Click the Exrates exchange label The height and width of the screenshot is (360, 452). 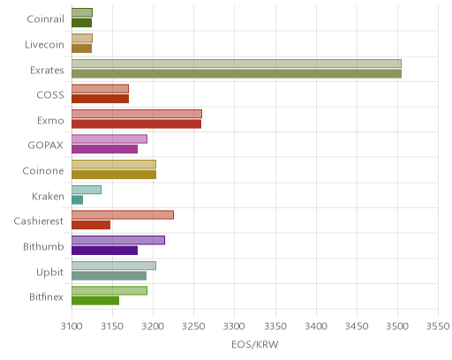47,71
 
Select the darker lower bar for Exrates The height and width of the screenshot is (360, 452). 237,74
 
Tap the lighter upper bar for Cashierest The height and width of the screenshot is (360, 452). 123,215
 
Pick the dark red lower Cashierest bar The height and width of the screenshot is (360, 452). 91,225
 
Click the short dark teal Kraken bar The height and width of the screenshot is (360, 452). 77,200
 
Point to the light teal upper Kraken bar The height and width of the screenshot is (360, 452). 87,190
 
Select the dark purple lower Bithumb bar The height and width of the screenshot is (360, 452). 105,251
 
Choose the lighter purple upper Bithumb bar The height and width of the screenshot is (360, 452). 118,240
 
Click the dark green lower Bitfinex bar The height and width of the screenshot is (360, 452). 95,301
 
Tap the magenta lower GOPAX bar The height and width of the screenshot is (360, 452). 105,149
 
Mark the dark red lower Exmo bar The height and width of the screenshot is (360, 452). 137,124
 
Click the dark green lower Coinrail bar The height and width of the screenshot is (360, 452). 82,23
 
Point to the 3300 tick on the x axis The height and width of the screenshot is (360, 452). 235,326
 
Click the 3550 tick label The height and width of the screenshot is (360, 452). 438,326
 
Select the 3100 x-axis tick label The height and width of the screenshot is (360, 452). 72,326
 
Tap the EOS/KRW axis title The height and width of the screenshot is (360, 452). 255,344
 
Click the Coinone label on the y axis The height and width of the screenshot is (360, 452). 43,171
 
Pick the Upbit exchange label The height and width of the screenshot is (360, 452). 50,273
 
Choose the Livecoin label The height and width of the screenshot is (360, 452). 44,45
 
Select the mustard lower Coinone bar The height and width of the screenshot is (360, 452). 114,175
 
